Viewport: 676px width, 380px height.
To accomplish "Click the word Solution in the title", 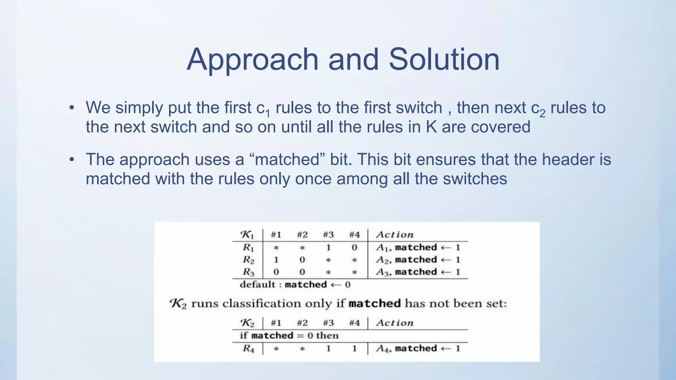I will pos(444,59).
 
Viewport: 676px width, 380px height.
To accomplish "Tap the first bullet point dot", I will pos(72,108).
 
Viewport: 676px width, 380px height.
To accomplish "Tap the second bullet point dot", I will pos(72,160).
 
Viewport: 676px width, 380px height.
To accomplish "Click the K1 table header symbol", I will pos(247,235).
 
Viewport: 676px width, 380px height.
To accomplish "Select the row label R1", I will pos(248,247).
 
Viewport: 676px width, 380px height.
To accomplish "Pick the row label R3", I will pos(248,272).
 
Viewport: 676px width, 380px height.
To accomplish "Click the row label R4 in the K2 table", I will pos(248,349).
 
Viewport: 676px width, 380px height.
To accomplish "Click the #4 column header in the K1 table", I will pos(354,235).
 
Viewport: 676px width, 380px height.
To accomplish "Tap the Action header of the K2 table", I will pos(394,323).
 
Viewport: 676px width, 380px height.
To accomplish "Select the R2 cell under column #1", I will pos(276,260).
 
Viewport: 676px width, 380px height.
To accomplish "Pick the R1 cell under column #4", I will pos(354,247).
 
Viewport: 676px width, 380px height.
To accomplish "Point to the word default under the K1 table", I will pos(257,284).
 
